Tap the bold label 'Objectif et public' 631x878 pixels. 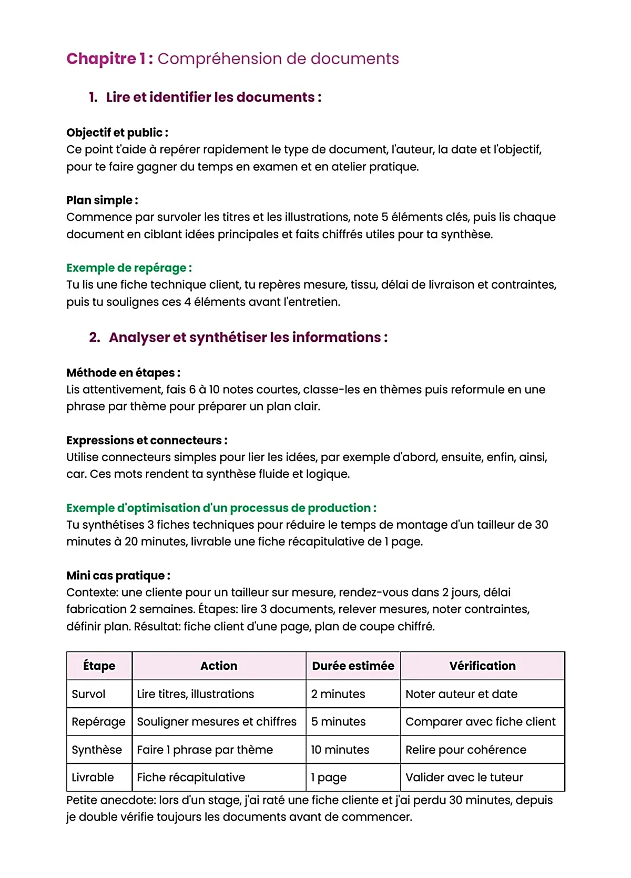117,132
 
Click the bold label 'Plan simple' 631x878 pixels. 102,200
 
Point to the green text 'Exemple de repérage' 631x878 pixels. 129,268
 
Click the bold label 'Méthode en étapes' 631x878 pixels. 123,373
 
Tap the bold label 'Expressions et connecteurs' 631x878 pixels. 146,440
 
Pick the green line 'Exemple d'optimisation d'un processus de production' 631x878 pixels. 221,508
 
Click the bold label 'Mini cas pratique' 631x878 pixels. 118,575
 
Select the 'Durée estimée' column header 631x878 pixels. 353,666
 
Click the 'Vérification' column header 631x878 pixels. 482,666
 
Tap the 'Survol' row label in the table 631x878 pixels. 88,694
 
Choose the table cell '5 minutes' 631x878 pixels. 338,722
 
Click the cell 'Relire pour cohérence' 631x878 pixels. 465,750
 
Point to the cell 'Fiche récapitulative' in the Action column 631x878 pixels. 191,777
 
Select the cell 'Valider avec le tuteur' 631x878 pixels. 464,777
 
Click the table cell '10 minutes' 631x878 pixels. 340,750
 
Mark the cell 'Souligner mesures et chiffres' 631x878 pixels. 217,722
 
